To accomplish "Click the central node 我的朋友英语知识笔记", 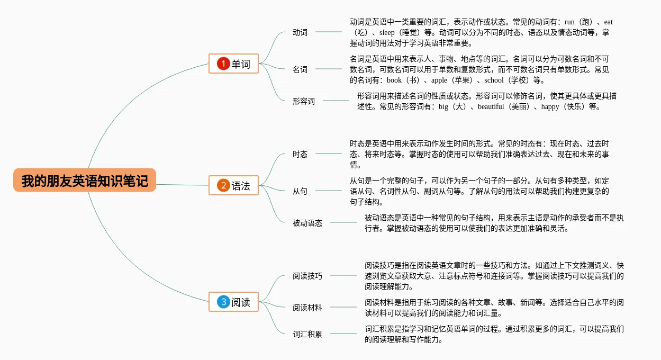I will pyautogui.click(x=85, y=180).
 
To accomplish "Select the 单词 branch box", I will pyautogui.click(x=233, y=64).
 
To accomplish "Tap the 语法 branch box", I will pyautogui.click(x=233, y=185).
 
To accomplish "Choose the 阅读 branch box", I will pyautogui.click(x=233, y=302).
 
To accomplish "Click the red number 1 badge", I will pyautogui.click(x=223, y=64).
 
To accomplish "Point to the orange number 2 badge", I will pyautogui.click(x=223, y=185).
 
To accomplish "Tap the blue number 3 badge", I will pyautogui.click(x=223, y=302).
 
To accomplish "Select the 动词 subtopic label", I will pyautogui.click(x=300, y=32).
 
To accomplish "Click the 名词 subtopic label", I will pyautogui.click(x=300, y=69).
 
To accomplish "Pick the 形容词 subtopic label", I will pyautogui.click(x=304, y=101).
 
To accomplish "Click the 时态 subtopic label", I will pyautogui.click(x=300, y=154).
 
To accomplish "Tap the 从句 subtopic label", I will pyautogui.click(x=300, y=191).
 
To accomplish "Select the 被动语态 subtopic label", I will pyautogui.click(x=307, y=223).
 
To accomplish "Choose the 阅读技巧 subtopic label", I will pyautogui.click(x=307, y=276).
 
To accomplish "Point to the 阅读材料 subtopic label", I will pyautogui.click(x=307, y=308).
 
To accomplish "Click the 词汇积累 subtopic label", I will pyautogui.click(x=307, y=334).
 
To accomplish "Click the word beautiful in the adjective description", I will pyautogui.click(x=491, y=106).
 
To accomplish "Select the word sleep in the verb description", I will pyautogui.click(x=391, y=33).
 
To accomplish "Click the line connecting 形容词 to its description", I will pyautogui.click(x=336, y=101).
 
